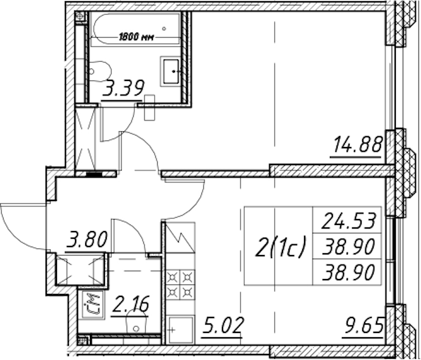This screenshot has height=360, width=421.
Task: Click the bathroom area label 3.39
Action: tap(124, 88)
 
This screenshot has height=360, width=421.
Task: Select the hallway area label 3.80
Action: tap(88, 239)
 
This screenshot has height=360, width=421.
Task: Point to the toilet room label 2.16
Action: tap(131, 304)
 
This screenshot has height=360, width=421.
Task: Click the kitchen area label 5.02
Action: tap(223, 325)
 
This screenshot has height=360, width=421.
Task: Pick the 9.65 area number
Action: tap(363, 325)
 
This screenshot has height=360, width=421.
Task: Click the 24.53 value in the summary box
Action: tap(348, 220)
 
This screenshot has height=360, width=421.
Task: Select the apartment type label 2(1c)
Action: tap(280, 247)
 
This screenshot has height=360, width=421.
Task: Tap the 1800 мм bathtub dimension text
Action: tap(136, 37)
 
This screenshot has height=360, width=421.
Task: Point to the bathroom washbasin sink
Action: tap(170, 71)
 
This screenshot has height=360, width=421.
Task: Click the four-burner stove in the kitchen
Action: tap(180, 284)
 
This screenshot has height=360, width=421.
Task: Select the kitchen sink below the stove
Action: tap(180, 329)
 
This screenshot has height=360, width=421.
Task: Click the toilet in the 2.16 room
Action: tap(136, 322)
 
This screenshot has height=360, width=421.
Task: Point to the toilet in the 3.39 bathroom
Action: tap(100, 71)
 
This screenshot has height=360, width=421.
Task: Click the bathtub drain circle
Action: tap(164, 28)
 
